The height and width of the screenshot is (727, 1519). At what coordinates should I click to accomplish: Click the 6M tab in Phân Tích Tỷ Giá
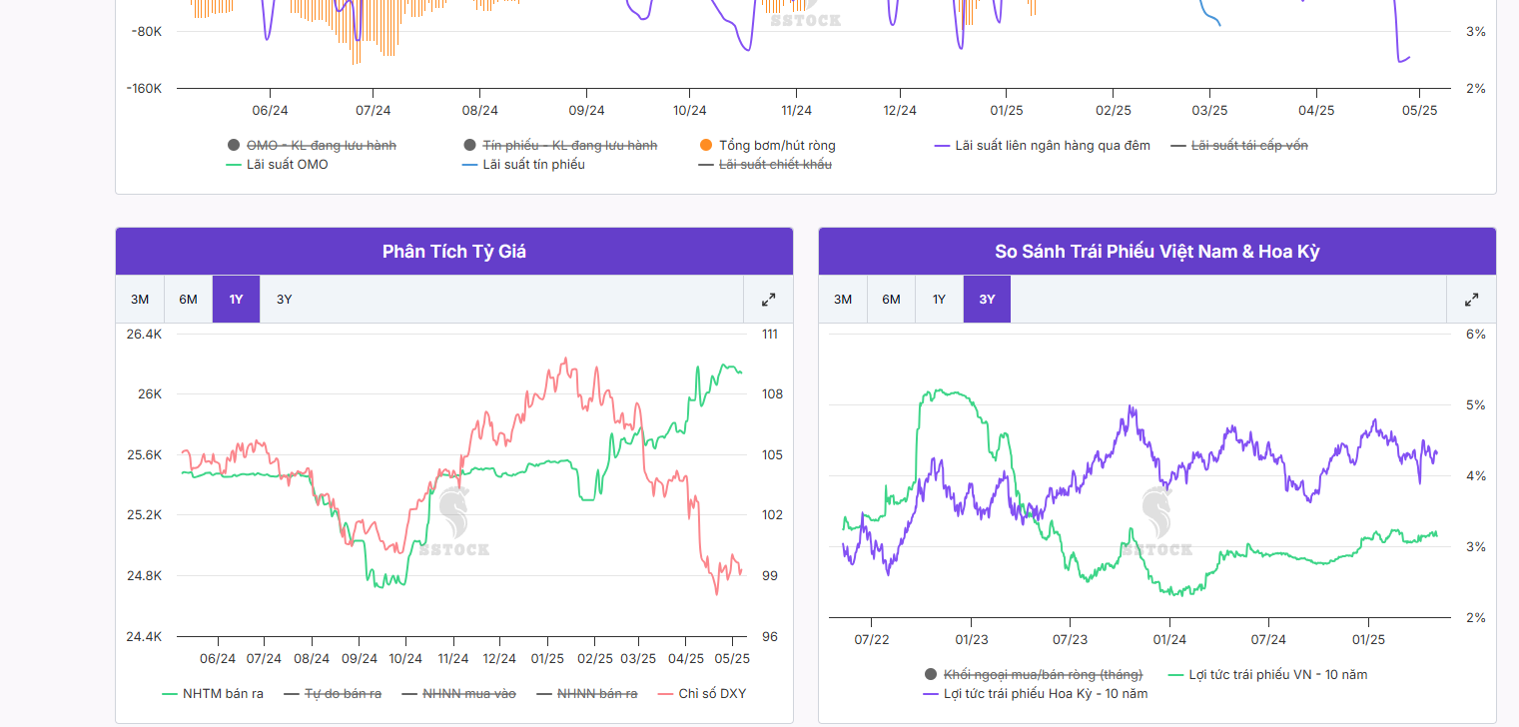(x=188, y=300)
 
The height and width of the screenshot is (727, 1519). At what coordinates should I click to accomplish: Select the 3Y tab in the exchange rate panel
(x=285, y=300)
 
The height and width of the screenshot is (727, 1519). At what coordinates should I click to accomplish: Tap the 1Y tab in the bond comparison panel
(x=939, y=300)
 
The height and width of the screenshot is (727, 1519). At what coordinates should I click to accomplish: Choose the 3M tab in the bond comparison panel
(x=843, y=300)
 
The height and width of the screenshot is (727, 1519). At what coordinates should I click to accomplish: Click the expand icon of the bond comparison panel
(x=1471, y=300)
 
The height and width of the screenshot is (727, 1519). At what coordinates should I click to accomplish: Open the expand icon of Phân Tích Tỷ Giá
(x=768, y=300)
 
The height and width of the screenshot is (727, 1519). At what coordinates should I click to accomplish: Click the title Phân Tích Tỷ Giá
(x=454, y=252)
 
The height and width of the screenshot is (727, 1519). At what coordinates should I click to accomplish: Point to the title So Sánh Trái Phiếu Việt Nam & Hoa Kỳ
(x=1156, y=252)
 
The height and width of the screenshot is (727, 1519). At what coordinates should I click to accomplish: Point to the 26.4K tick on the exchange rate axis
(x=144, y=335)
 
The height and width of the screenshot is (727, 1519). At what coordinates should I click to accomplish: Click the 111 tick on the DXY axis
(x=769, y=335)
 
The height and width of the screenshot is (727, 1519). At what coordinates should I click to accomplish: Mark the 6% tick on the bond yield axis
(x=1475, y=335)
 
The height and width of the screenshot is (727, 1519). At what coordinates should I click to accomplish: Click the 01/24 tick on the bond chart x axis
(x=1169, y=639)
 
